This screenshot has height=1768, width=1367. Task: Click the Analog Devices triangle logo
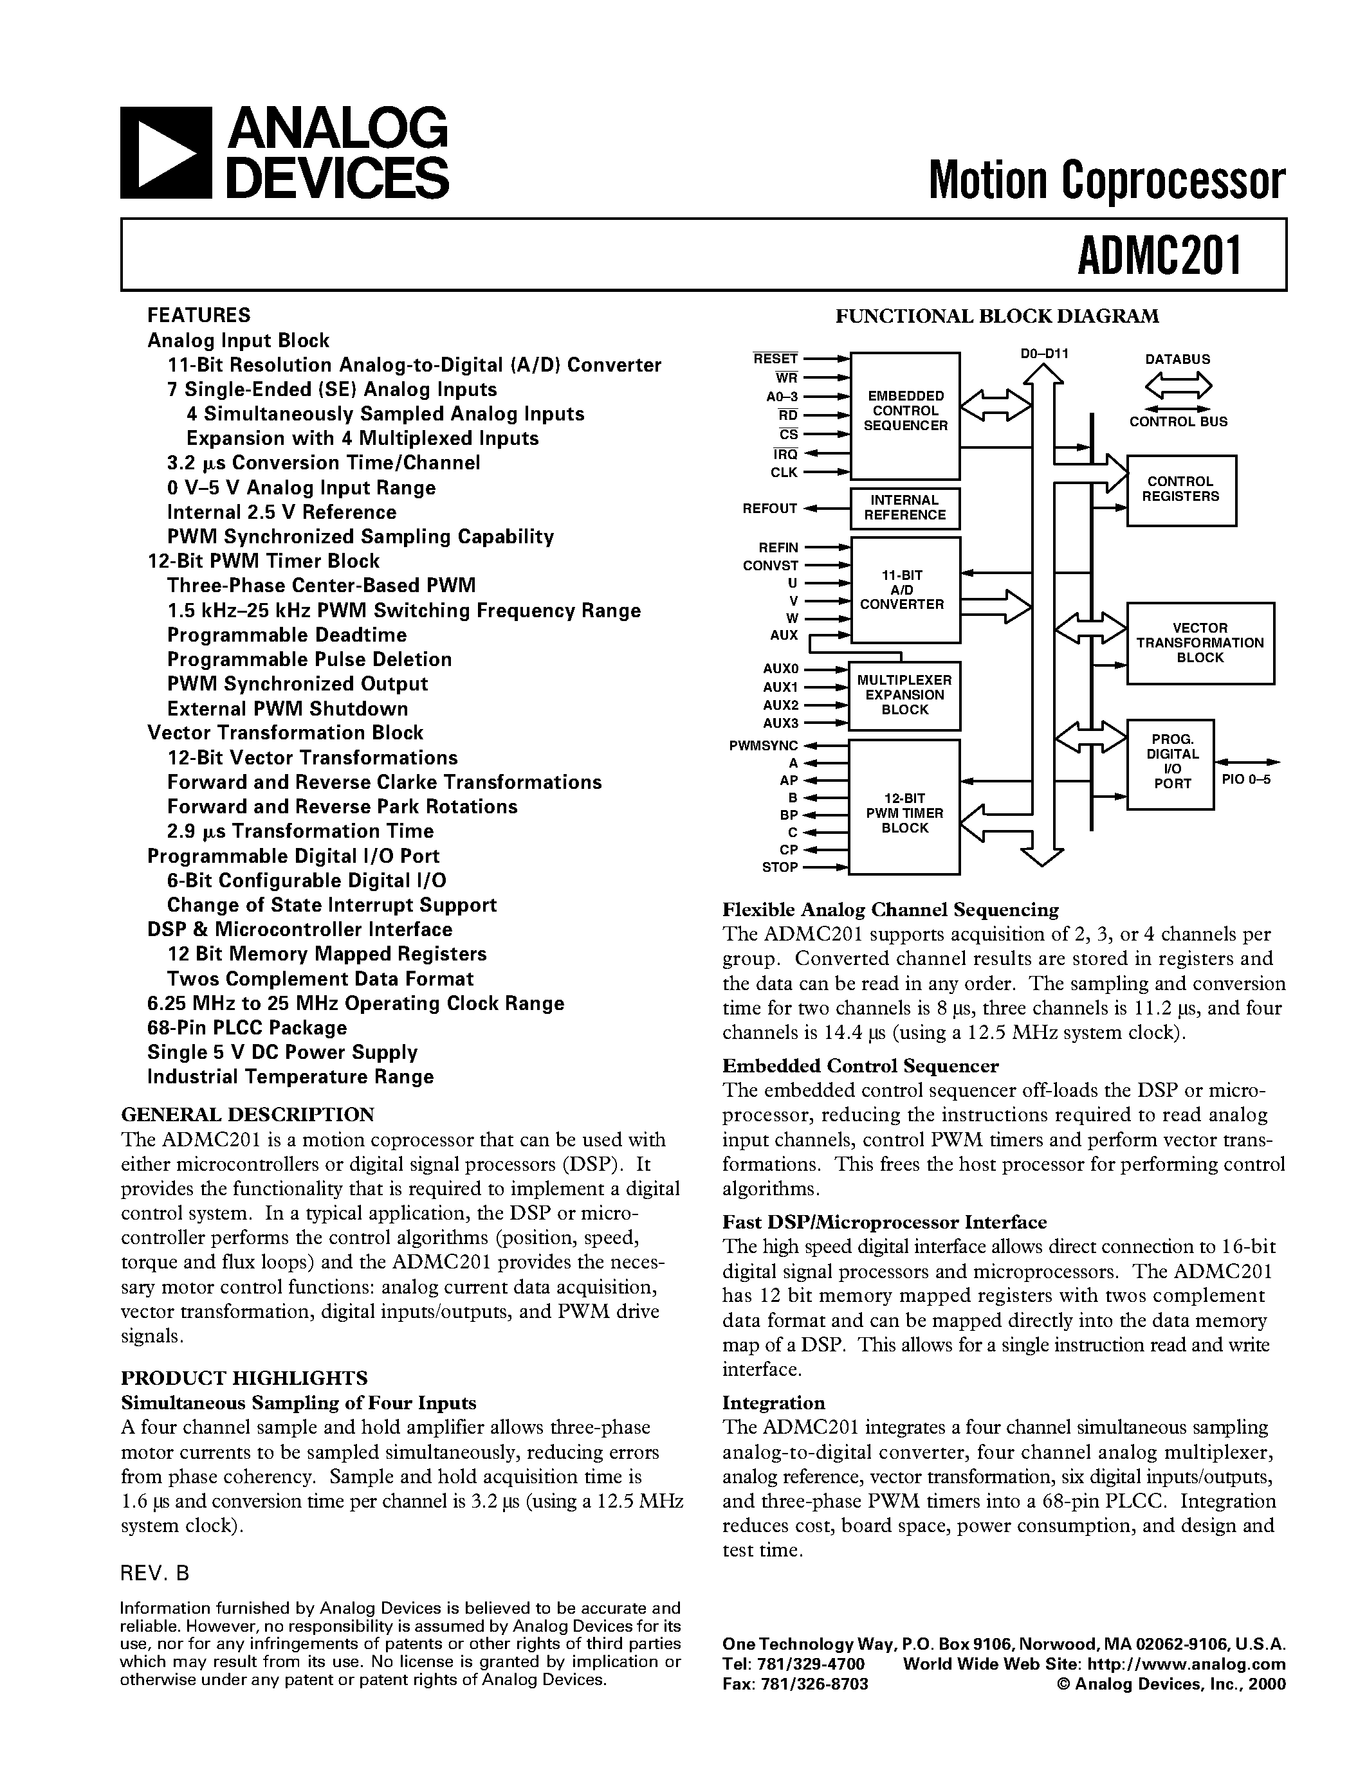pyautogui.click(x=166, y=153)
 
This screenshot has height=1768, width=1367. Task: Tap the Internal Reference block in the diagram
pyautogui.click(x=904, y=507)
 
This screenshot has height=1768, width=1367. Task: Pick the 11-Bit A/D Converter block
pyautogui.click(x=904, y=590)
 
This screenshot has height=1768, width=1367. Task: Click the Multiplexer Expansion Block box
pyautogui.click(x=904, y=696)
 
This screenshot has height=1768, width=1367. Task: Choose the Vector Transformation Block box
pyautogui.click(x=1200, y=643)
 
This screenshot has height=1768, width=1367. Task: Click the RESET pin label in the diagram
pyautogui.click(x=775, y=359)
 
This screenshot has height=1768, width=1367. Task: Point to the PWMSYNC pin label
pyautogui.click(x=764, y=746)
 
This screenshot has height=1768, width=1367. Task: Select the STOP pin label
pyautogui.click(x=779, y=867)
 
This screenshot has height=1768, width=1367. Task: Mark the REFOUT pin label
pyautogui.click(x=770, y=509)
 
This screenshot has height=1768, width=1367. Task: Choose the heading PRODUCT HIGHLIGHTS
pyautogui.click(x=244, y=1378)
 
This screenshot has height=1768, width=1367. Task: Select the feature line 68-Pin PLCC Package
pyautogui.click(x=247, y=1028)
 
